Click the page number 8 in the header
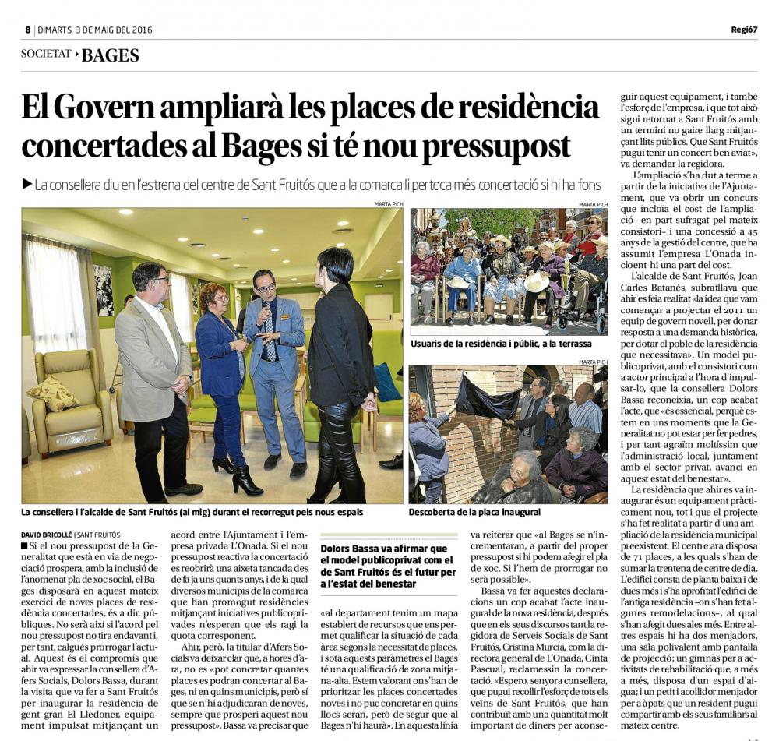tap(27, 30)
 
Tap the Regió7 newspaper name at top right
tap(744, 30)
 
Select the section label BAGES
tap(111, 55)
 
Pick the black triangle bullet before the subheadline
tap(27, 185)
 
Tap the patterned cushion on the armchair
tap(53, 393)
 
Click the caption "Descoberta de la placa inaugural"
tap(474, 513)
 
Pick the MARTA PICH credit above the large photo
tap(388, 204)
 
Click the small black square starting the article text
tap(24, 547)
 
